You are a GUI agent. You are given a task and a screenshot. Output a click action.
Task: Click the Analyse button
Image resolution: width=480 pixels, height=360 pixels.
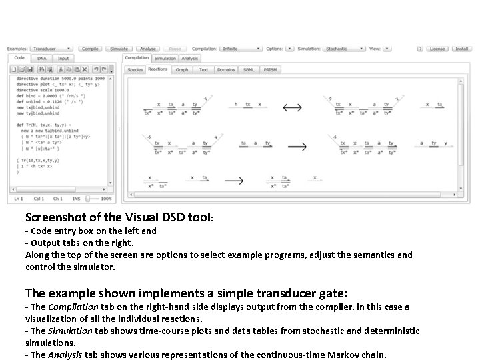tap(147, 49)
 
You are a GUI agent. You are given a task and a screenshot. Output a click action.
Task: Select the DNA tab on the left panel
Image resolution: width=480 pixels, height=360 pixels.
tap(41, 59)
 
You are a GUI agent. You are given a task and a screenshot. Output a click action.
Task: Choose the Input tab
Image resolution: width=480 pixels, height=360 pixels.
tap(63, 59)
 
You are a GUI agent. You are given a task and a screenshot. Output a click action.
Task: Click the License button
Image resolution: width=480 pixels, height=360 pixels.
tap(437, 49)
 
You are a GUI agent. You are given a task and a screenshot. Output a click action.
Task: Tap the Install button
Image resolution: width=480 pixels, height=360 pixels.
tap(461, 49)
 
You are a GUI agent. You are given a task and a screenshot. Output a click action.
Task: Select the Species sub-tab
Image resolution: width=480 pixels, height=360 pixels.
tap(135, 69)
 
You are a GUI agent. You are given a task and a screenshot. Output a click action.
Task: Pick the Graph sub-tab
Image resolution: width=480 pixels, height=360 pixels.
tap(181, 69)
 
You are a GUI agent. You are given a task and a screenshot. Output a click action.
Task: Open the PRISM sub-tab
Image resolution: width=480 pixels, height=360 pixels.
tap(269, 69)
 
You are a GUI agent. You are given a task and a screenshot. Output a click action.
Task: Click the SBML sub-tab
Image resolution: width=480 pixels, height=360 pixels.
tap(248, 69)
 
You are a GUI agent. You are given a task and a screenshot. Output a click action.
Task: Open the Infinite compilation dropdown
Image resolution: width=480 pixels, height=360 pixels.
tap(240, 49)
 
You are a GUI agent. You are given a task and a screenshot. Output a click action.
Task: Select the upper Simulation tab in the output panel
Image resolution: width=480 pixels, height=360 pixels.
tap(165, 59)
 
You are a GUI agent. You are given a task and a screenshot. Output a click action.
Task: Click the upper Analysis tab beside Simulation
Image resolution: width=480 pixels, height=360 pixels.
tap(189, 59)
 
